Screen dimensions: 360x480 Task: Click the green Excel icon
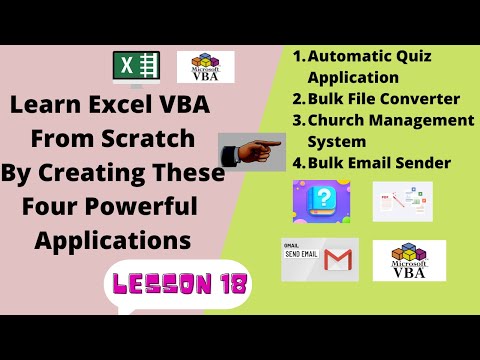click(x=135, y=68)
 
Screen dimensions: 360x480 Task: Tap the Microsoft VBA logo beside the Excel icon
click(x=206, y=67)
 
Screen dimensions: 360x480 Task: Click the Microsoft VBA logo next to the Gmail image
click(x=409, y=260)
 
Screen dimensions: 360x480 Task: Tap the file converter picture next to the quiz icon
click(x=402, y=201)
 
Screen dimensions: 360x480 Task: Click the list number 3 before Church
click(x=297, y=120)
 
